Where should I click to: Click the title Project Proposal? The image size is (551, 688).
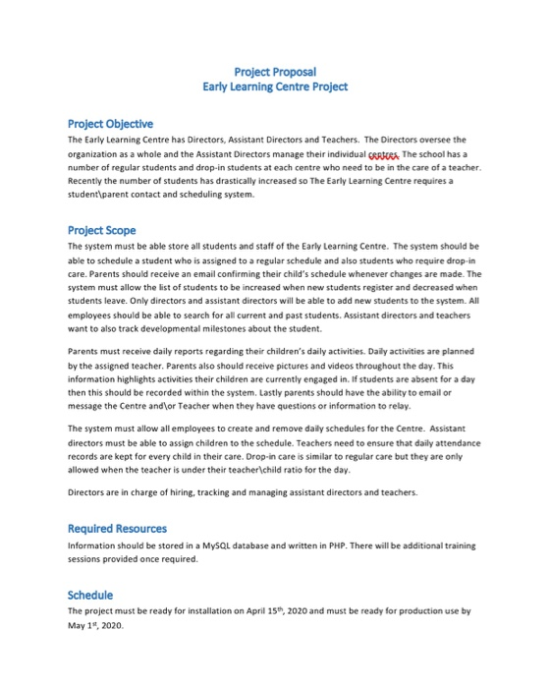point(275,71)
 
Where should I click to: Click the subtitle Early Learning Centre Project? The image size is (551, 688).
point(275,86)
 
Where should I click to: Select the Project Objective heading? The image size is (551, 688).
point(110,124)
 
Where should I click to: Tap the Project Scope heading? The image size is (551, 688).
point(101,230)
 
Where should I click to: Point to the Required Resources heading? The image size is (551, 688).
point(117,529)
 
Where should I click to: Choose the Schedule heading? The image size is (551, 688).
point(89,595)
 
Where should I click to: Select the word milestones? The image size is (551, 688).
point(246,328)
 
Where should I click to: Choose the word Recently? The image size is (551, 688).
point(86,182)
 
